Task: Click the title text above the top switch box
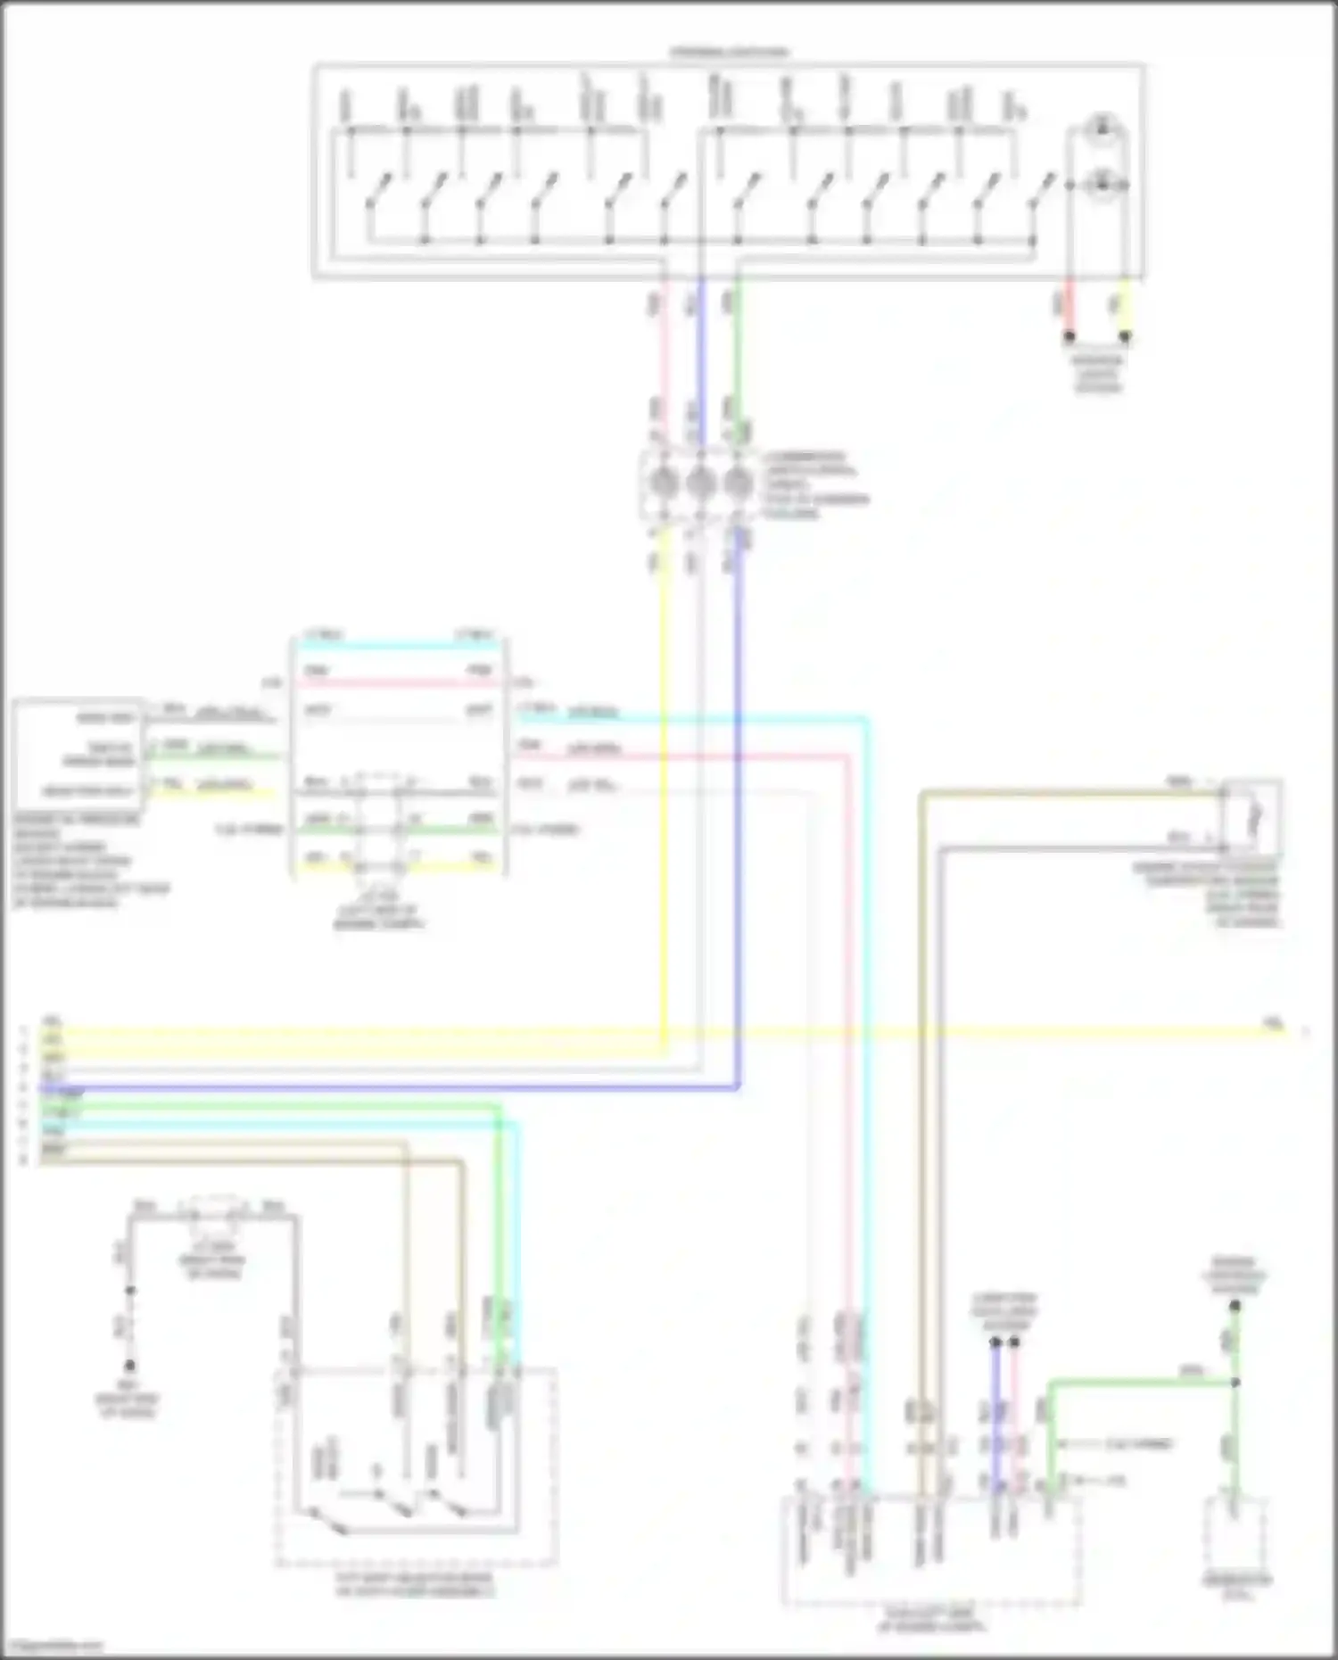[730, 52]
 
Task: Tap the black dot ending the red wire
[1069, 337]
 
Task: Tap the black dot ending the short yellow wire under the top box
[1125, 337]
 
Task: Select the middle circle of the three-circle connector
[699, 483]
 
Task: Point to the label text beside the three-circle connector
[814, 484]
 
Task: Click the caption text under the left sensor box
[89, 860]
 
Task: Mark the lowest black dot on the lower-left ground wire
[130, 1366]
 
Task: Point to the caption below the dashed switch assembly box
[415, 1585]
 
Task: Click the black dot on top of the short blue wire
[995, 1341]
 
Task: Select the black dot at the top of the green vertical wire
[1235, 1306]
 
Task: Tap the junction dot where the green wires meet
[1235, 1383]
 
